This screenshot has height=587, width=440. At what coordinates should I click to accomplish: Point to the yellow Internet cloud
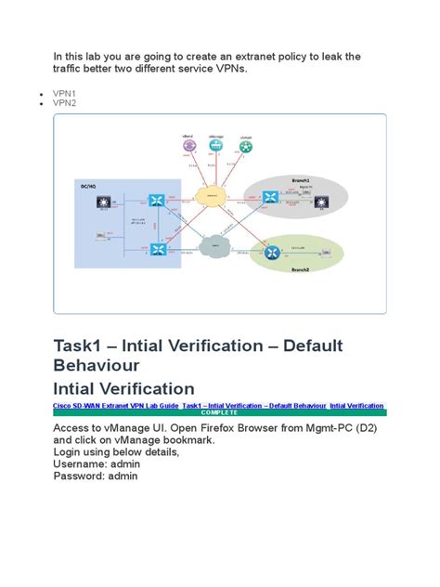pos(214,196)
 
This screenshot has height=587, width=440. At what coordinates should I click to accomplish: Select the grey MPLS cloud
pos(214,247)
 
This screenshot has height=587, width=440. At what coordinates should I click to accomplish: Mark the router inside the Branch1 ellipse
pos(270,198)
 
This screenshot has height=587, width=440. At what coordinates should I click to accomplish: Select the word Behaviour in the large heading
pos(97,366)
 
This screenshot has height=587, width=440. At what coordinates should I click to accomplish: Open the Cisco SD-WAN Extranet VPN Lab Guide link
pos(116,406)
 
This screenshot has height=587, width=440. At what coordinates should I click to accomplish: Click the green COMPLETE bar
pos(220,412)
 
